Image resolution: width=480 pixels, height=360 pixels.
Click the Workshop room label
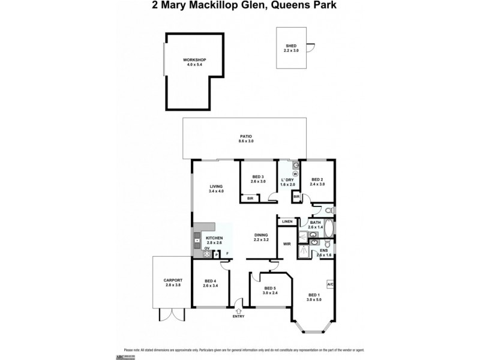(194, 62)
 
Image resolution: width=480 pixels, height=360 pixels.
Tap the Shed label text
(291, 48)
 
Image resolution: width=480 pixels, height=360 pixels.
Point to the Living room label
(216, 188)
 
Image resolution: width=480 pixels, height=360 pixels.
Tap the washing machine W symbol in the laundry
(295, 174)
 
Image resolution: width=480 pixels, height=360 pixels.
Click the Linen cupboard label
(287, 222)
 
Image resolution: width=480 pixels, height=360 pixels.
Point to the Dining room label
(261, 237)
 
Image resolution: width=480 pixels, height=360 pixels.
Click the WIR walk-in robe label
(287, 244)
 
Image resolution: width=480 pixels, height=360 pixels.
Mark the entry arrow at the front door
(239, 310)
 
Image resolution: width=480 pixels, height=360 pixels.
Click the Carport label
(173, 283)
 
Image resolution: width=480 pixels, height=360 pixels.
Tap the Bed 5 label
(270, 290)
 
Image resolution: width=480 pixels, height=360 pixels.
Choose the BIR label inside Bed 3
(250, 198)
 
